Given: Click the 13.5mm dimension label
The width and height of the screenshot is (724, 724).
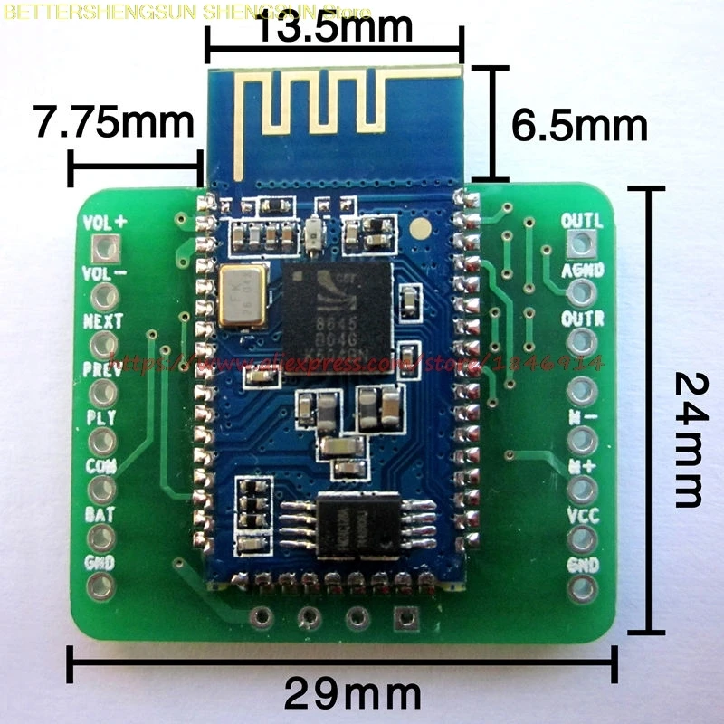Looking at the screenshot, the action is click(335, 27).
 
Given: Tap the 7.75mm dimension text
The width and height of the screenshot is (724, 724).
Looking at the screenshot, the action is click(113, 123).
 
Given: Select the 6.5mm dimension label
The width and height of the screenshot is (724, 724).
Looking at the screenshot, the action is click(579, 125).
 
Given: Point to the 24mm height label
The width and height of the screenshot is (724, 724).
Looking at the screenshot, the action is click(688, 441).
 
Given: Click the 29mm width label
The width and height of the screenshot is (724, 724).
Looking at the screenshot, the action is click(353, 694).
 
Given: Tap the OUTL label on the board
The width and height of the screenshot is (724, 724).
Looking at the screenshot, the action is click(582, 221).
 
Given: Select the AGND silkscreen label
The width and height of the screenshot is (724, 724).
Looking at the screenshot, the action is click(583, 270).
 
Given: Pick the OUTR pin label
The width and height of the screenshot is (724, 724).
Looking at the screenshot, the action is click(582, 319).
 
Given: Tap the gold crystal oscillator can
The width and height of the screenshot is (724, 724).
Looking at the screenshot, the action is click(243, 295).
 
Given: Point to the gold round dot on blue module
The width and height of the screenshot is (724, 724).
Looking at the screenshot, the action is click(421, 227).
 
